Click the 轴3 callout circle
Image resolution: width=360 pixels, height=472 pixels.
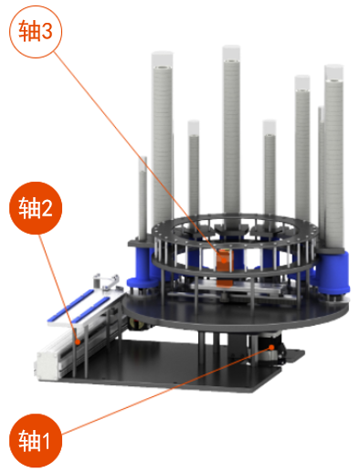pos(36,32)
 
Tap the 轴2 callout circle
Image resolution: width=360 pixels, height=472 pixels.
pos(36,208)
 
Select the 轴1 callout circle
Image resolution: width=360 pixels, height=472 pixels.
pos(36,441)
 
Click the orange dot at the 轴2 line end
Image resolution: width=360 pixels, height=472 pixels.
pos(78,341)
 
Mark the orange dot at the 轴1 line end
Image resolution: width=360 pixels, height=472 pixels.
pos(271,347)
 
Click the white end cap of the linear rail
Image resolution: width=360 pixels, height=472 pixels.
pos(48,364)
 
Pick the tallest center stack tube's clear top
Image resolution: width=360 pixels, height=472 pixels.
pos(231,53)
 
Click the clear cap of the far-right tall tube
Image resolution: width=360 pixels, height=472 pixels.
pos(334,72)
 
